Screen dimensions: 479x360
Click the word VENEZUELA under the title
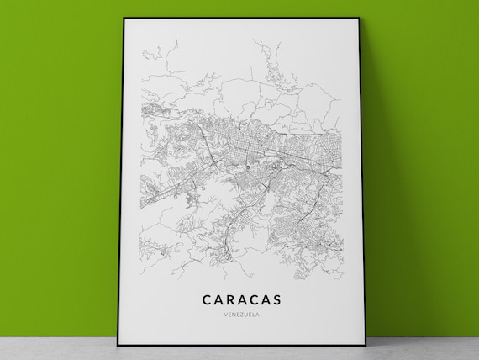[241, 314]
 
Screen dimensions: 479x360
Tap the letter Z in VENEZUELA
[240, 314]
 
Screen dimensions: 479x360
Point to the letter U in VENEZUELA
[245, 314]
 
